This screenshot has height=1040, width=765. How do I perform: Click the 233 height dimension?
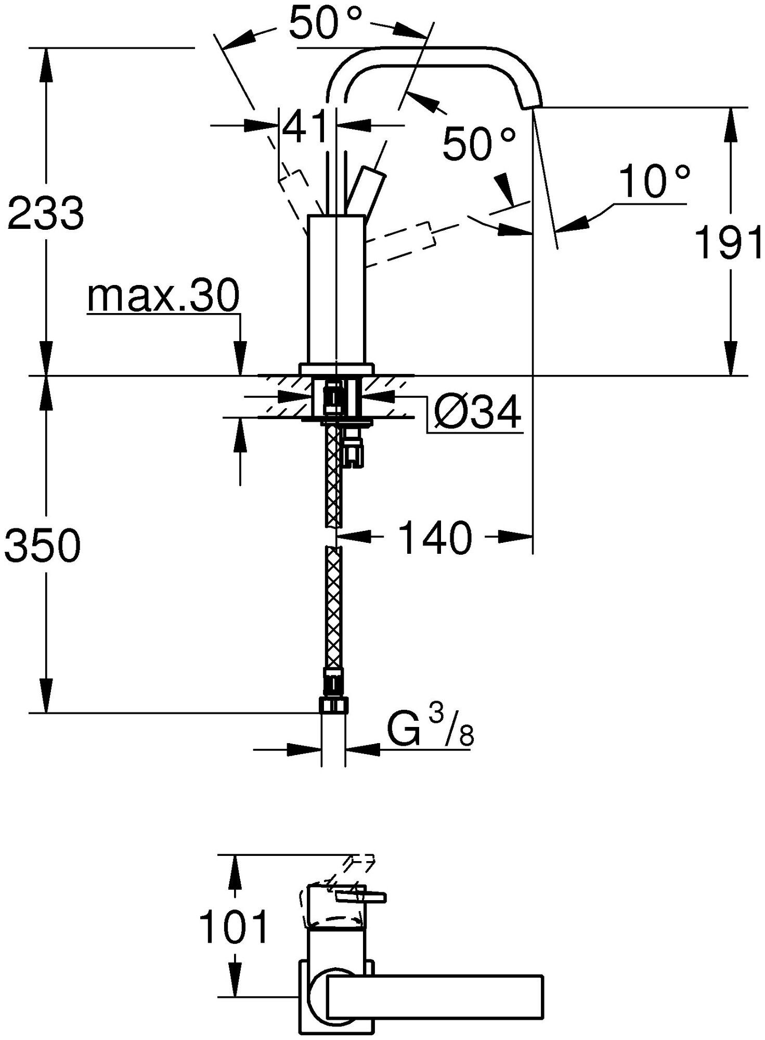tap(45, 213)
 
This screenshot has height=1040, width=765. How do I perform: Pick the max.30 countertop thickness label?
tap(163, 296)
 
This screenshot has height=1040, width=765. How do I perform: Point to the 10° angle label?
tap(654, 181)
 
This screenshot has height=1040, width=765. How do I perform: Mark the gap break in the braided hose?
tap(333, 536)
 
